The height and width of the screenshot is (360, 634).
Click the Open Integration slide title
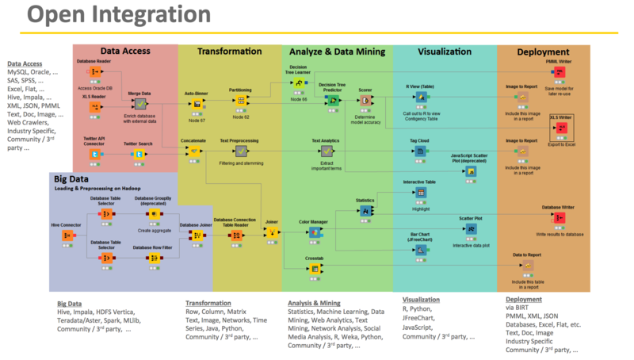pos(107,16)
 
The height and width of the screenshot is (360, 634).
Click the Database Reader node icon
pos(94,71)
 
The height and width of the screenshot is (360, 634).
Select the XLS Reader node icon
pos(94,105)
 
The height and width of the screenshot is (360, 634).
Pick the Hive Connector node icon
pos(67,236)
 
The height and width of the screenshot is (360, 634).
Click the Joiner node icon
pos(272,232)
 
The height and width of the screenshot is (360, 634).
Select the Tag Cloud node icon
pos(420,150)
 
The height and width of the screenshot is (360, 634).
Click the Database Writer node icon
pos(558,218)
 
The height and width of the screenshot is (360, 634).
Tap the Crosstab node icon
pos(315,269)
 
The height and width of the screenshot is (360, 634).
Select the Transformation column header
pos(229,52)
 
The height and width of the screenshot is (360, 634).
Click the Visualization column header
pos(444,52)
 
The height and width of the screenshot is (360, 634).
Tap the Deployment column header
pos(543,52)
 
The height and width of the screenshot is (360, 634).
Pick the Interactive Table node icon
pos(420,193)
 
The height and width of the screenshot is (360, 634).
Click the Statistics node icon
pos(365,211)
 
